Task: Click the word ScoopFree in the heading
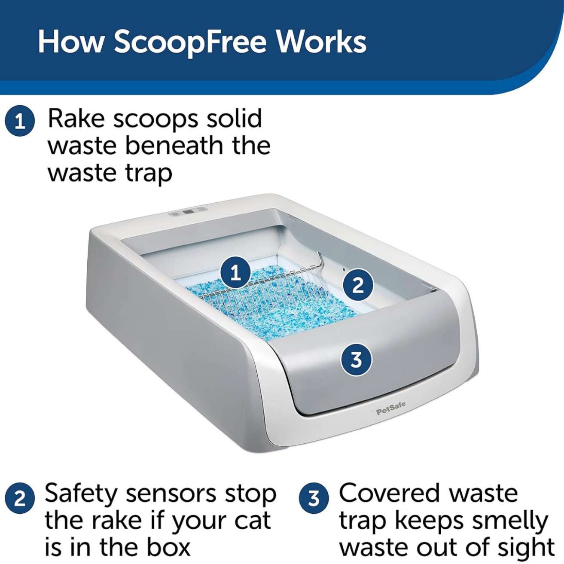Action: (x=190, y=43)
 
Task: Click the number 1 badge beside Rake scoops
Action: (x=20, y=122)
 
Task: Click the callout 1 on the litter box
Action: (x=236, y=274)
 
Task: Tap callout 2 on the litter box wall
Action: (x=358, y=285)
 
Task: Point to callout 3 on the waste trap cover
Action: (x=356, y=360)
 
